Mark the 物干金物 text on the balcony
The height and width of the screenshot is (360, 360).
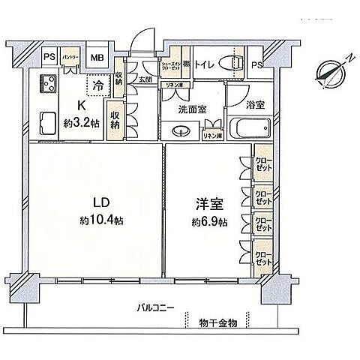point(217,322)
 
